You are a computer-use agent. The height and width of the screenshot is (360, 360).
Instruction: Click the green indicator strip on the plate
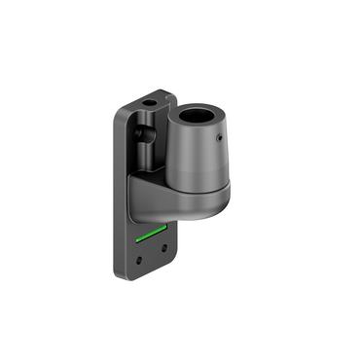tap(149, 234)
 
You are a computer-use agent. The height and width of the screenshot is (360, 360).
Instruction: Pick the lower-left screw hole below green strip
tap(140, 259)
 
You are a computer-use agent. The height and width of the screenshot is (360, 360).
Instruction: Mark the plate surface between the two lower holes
tap(152, 254)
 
